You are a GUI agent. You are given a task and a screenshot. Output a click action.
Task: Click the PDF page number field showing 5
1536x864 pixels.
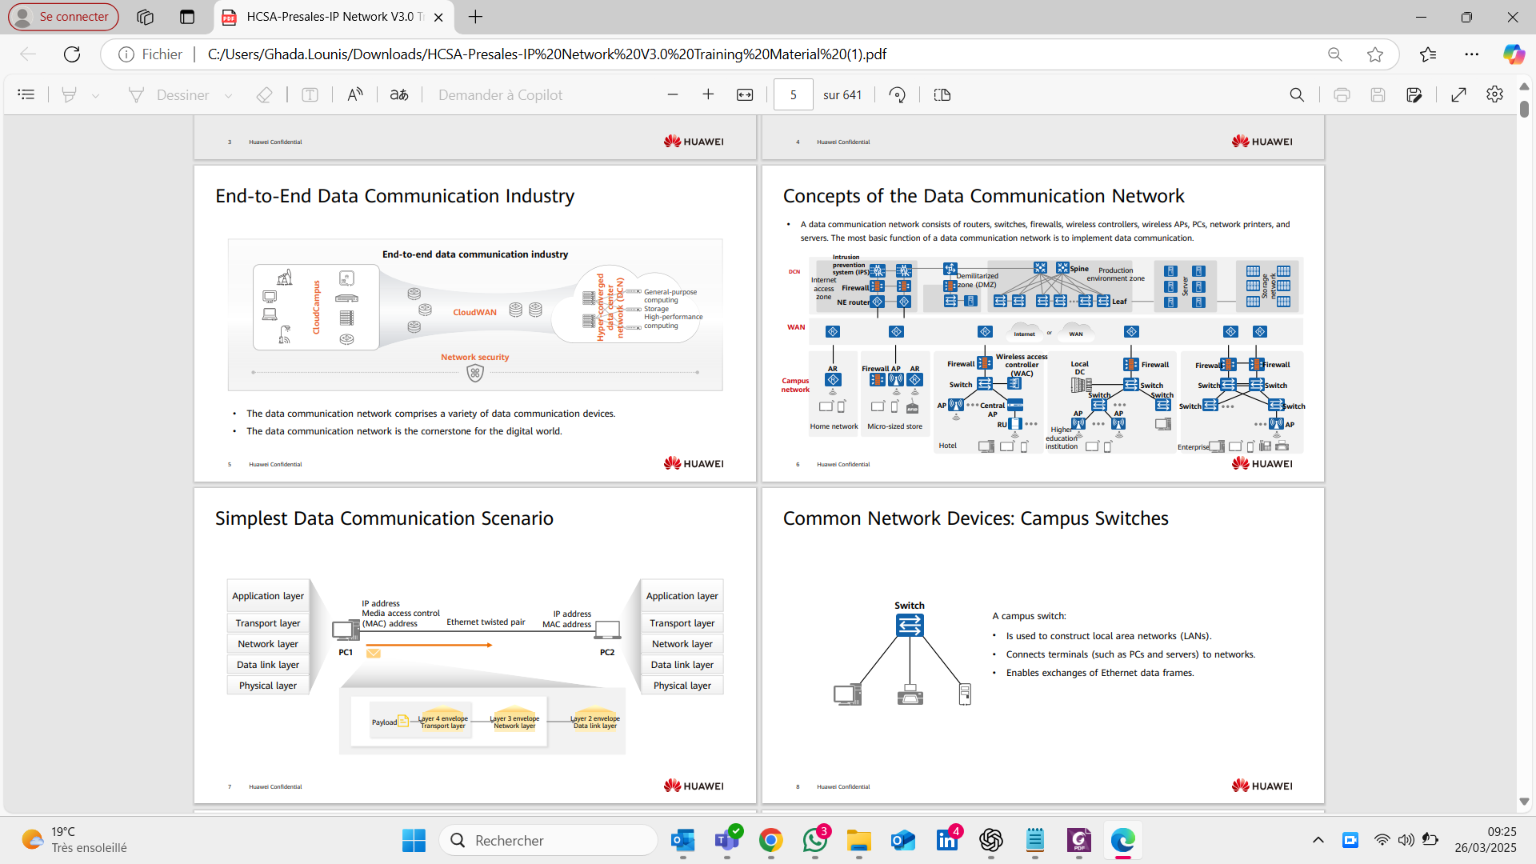pos(793,95)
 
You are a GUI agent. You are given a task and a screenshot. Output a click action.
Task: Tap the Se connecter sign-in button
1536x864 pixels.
pos(63,17)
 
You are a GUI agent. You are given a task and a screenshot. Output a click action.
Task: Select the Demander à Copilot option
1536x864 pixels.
pos(500,95)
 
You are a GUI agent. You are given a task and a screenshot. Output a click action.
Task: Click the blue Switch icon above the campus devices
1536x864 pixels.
pos(910,625)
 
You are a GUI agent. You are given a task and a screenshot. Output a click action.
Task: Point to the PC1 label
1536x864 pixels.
pos(346,653)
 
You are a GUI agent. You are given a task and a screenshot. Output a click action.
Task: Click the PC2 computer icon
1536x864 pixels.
pos(607,630)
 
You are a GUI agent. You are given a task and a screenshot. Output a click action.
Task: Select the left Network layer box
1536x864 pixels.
pos(268,644)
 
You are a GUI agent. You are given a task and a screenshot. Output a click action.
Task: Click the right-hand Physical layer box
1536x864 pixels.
pos(682,686)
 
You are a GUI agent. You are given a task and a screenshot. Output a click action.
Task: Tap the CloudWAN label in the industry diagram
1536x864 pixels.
pos(474,313)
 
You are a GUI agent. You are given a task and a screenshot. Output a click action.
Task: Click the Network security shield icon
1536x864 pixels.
pos(475,373)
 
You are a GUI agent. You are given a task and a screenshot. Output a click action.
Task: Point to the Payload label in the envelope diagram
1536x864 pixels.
pos(384,722)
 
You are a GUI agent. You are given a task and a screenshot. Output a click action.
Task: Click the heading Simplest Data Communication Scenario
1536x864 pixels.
pos(384,518)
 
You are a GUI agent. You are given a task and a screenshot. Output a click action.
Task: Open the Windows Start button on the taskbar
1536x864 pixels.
pos(414,840)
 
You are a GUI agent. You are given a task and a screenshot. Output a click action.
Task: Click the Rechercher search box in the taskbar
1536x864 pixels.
pos(549,840)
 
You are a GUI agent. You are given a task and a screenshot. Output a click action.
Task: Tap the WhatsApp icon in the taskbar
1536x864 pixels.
pos(815,840)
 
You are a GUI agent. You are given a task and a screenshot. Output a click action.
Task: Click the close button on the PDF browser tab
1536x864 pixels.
pos(438,17)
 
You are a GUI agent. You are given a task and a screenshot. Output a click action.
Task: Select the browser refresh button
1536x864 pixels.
pos(72,54)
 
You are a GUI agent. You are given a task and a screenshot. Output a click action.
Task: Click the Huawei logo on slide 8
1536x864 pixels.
pos(1262,786)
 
